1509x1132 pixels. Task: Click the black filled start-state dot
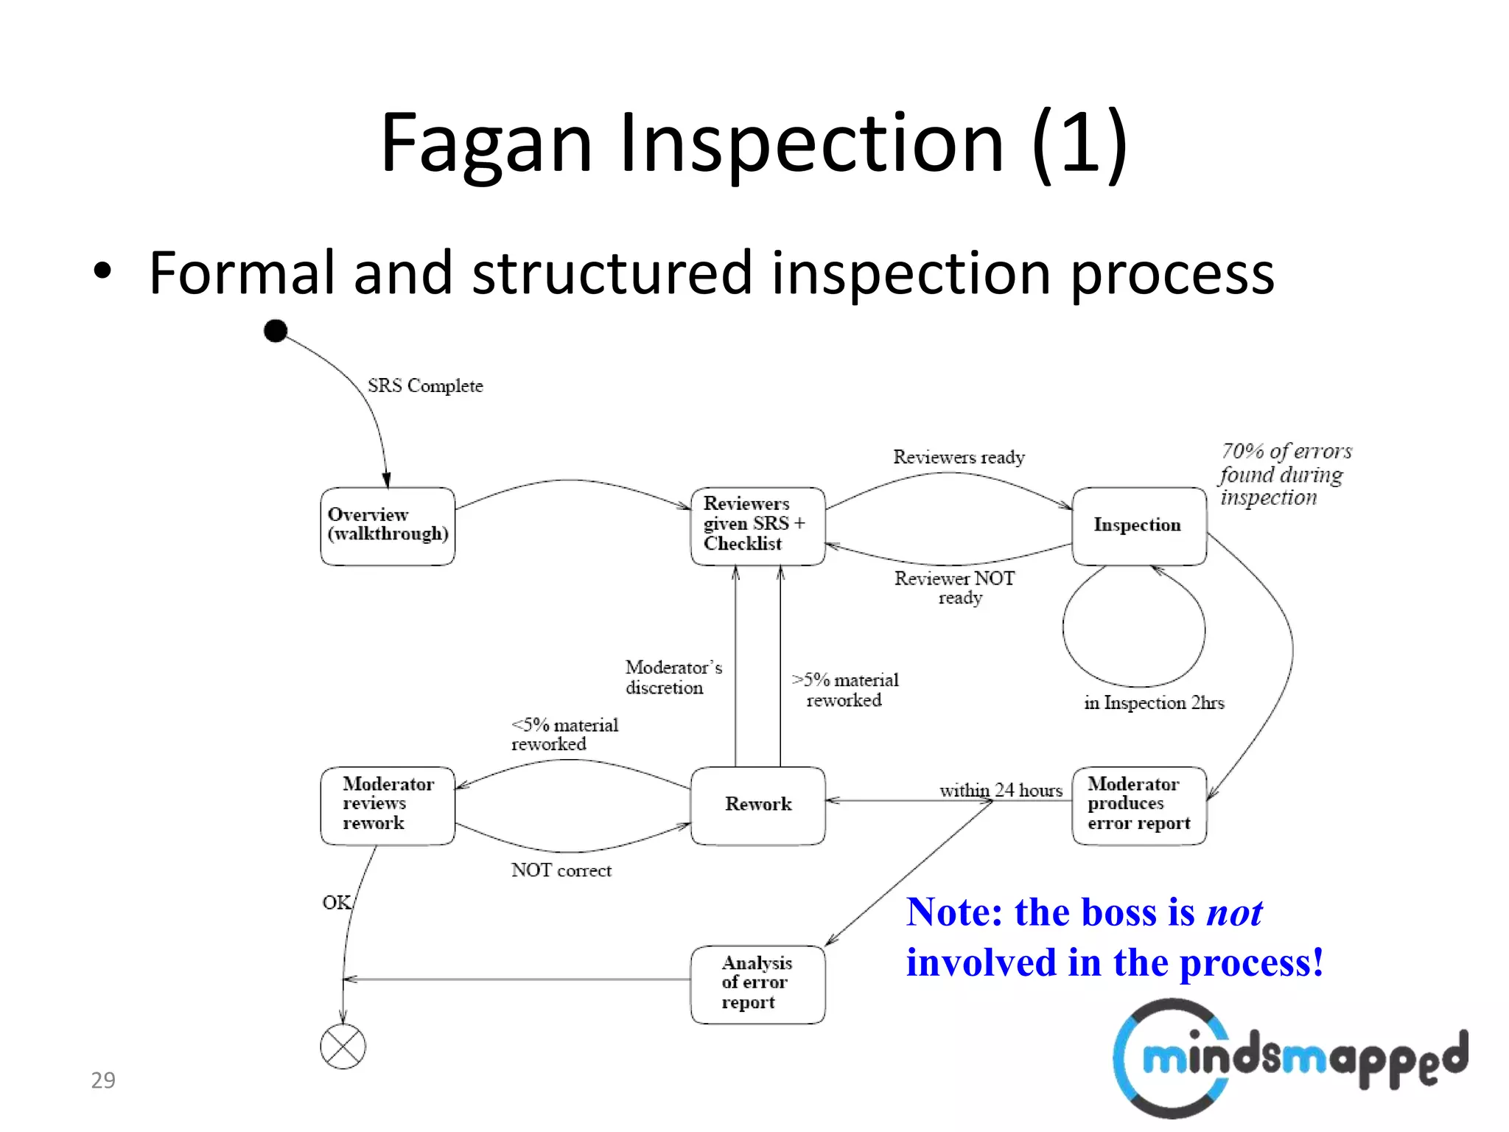point(276,331)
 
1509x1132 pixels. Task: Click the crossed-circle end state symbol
point(343,1047)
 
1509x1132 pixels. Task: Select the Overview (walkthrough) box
point(388,526)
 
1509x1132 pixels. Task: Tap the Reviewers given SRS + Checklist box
point(757,525)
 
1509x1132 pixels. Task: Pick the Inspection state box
point(1138,525)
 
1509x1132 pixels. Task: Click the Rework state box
point(757,805)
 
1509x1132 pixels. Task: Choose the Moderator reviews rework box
point(388,805)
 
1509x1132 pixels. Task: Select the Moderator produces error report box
point(1138,805)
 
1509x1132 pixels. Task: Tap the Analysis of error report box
point(757,983)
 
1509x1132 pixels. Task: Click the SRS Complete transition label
point(425,386)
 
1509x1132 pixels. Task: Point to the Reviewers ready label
point(959,458)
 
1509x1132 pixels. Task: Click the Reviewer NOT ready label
point(956,588)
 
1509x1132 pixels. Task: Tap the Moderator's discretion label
point(673,677)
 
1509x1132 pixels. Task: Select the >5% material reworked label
point(845,690)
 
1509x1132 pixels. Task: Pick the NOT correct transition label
point(561,871)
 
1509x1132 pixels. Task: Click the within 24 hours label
point(1001,791)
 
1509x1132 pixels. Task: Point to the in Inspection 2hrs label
point(1154,703)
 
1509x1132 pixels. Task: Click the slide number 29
point(103,1080)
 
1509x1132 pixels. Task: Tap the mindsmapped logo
point(1289,1058)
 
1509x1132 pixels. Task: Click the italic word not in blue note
point(1234,913)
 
